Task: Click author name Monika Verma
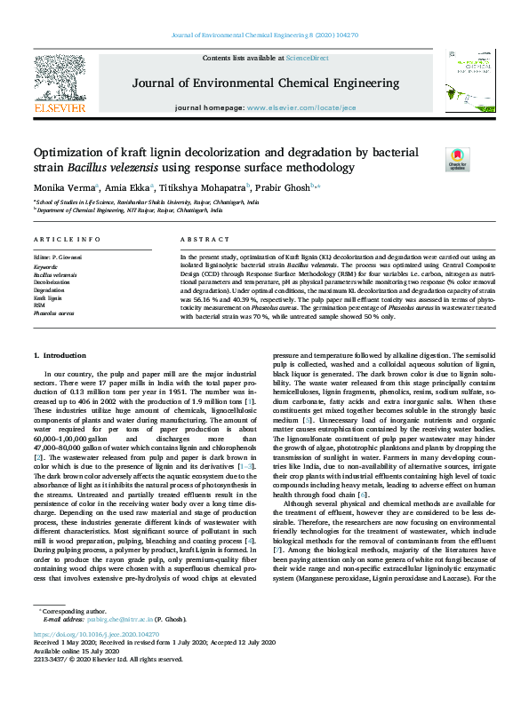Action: click(61, 188)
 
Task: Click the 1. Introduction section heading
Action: click(61, 355)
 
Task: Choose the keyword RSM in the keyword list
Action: click(39, 306)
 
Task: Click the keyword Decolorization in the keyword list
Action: click(49, 283)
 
